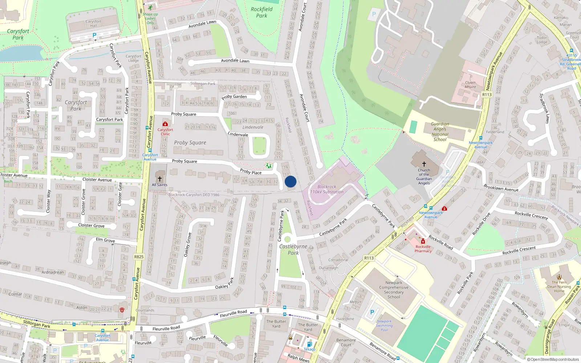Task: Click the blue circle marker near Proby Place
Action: [x=290, y=181]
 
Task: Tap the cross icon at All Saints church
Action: [x=159, y=179]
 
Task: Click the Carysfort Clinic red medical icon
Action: [x=165, y=124]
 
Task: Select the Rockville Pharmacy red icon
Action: [x=423, y=241]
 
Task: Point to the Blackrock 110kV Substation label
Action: [x=327, y=189]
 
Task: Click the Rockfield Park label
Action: [x=261, y=12]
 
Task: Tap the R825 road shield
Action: [x=139, y=257]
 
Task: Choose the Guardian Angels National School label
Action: [x=440, y=131]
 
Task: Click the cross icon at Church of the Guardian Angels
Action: [x=424, y=164]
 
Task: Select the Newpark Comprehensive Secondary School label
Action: [x=394, y=290]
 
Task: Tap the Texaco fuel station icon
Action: [x=309, y=344]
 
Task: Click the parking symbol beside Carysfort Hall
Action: [x=94, y=35]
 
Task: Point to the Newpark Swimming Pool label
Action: [x=384, y=325]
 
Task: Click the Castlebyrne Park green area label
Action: [x=293, y=249]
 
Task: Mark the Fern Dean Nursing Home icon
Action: [x=559, y=277]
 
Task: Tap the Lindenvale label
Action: [x=253, y=127]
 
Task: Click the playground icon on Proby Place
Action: [x=268, y=166]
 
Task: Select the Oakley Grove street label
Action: [x=187, y=245]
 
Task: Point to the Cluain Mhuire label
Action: [x=470, y=85]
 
